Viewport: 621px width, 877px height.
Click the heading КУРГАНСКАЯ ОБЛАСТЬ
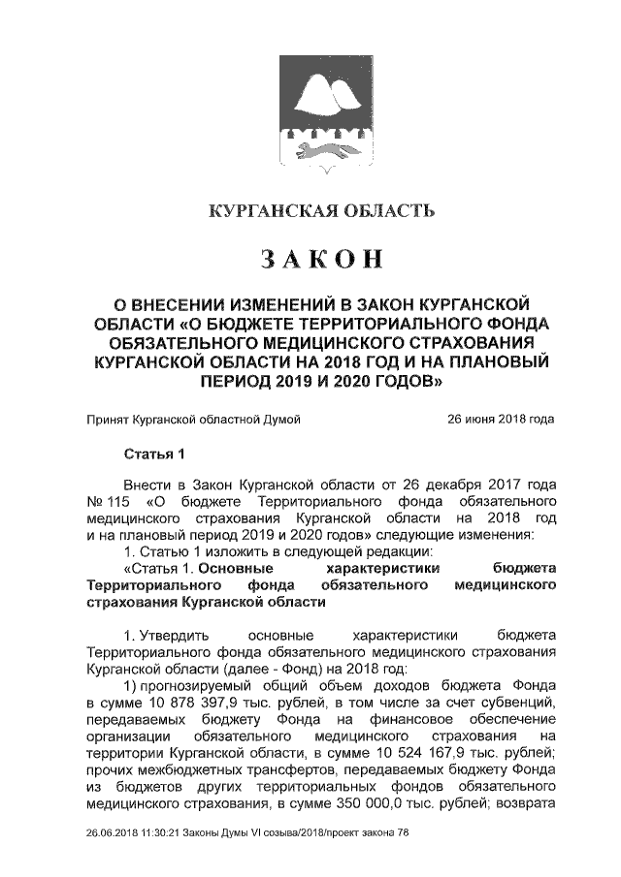click(x=321, y=210)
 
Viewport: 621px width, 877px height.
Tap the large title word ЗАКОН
click(x=321, y=259)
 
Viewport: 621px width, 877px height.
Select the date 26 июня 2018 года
click(x=501, y=420)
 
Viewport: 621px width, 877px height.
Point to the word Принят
click(x=107, y=420)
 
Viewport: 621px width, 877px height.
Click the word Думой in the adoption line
click(x=282, y=420)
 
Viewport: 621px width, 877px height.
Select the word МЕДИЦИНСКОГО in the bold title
click(x=313, y=343)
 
